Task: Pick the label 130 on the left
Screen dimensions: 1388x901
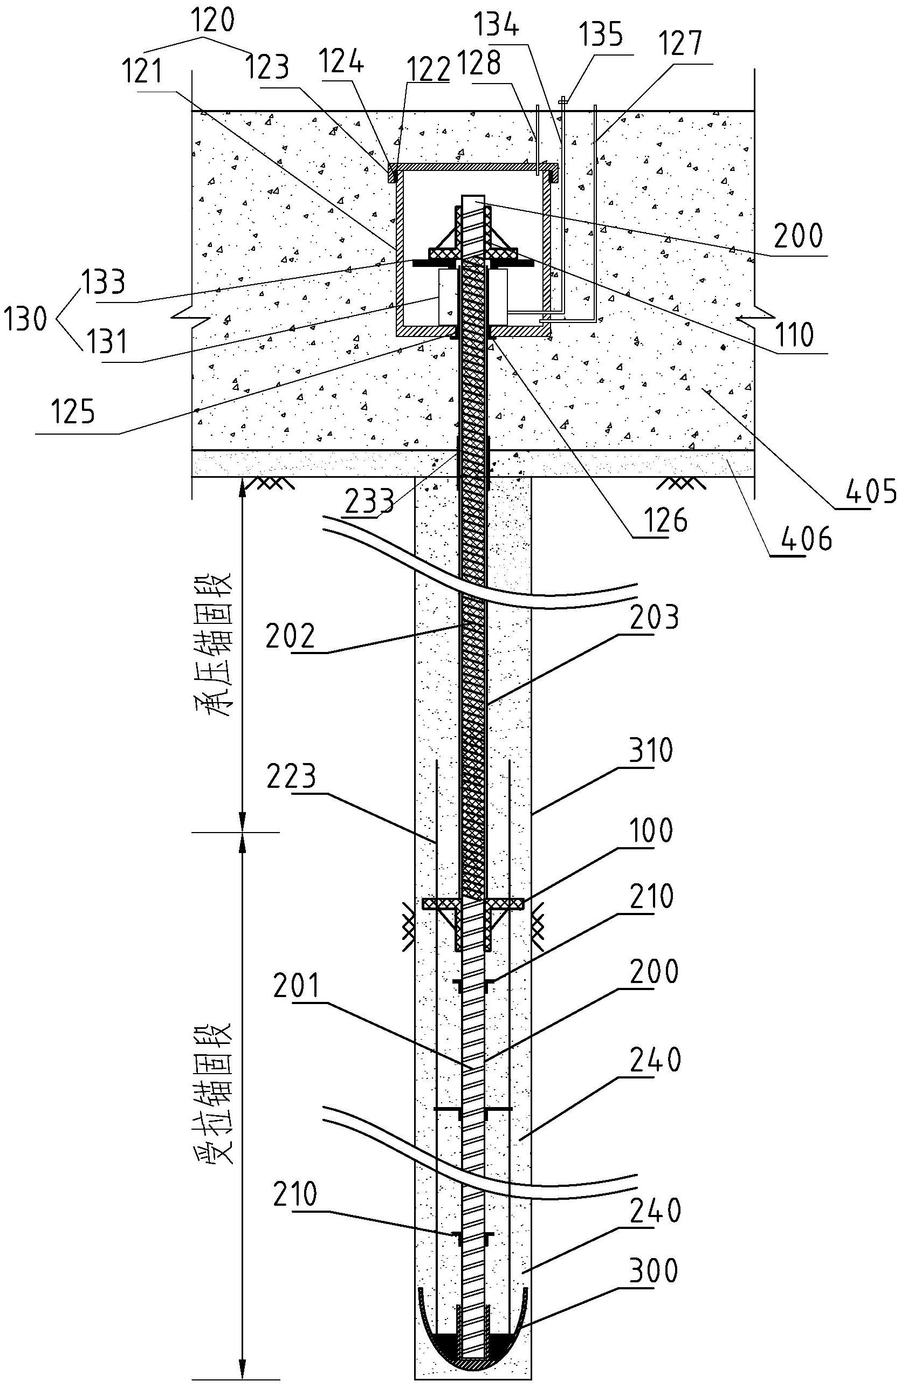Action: coord(24,319)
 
